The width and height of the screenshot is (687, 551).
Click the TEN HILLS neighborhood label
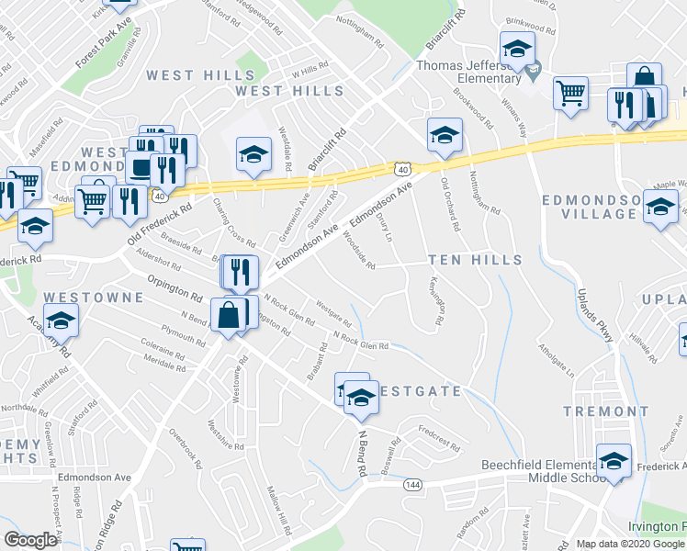tap(473, 260)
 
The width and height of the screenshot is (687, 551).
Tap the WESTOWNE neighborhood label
tap(94, 298)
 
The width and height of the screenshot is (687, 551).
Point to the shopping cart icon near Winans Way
tap(570, 93)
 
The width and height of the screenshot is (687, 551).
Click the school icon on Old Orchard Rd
tap(445, 135)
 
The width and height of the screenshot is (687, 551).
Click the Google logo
tap(30, 540)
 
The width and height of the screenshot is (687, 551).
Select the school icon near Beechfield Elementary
tap(614, 461)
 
